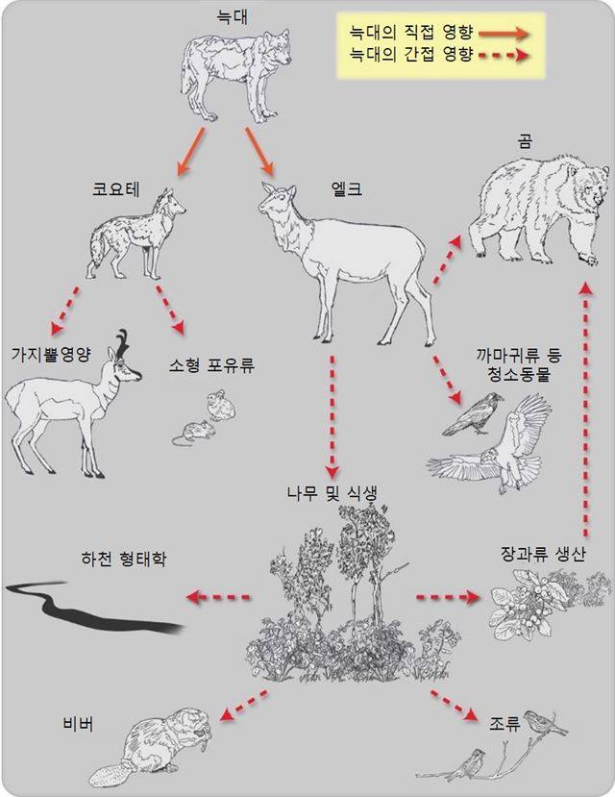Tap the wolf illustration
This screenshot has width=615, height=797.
click(x=234, y=77)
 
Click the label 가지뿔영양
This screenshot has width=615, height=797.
click(x=50, y=354)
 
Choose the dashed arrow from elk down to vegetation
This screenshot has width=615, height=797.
click(x=332, y=418)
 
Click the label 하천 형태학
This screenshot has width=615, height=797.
click(x=124, y=559)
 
